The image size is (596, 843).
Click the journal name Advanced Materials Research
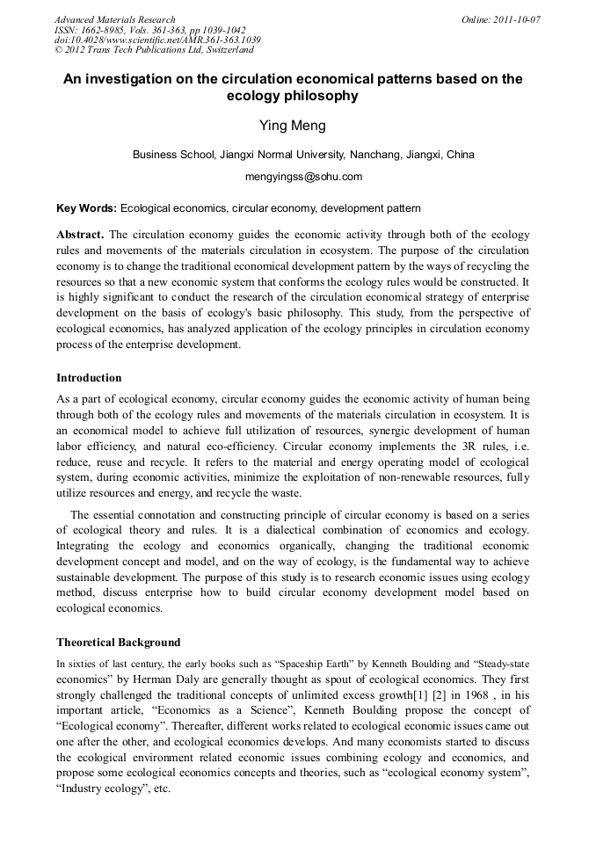click(114, 19)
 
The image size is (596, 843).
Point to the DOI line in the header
click(157, 40)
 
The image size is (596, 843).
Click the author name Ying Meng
click(293, 126)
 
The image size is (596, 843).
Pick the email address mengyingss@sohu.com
click(303, 177)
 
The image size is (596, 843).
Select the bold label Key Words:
click(86, 208)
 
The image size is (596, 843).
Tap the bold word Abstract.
click(79, 235)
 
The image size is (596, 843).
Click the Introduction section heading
click(89, 378)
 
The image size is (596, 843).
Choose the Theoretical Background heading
click(118, 642)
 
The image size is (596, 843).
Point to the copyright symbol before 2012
click(59, 50)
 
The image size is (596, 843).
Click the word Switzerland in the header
click(226, 50)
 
